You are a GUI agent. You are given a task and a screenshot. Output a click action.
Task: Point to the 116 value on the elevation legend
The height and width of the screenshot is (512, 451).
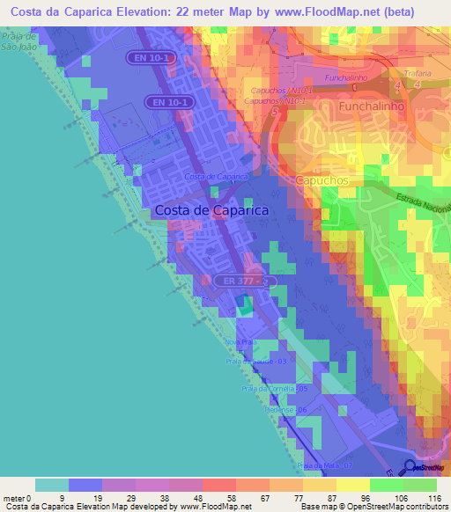[434, 499]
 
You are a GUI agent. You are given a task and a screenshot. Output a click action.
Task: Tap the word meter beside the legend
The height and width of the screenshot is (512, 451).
[14, 499]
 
